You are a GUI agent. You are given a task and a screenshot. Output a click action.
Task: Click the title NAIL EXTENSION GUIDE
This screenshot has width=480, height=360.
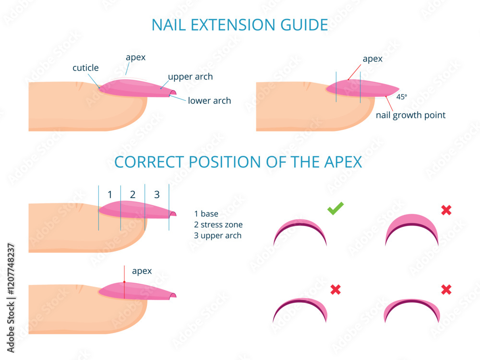tap(240, 24)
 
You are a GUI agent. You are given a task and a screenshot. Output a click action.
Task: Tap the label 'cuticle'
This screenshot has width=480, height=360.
tap(85, 68)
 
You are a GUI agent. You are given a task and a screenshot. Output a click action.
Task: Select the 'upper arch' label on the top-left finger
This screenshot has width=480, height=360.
tap(190, 77)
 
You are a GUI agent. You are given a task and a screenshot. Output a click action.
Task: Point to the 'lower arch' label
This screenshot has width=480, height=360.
tap(209, 101)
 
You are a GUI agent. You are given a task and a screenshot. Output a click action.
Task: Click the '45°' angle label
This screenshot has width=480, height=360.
tap(402, 96)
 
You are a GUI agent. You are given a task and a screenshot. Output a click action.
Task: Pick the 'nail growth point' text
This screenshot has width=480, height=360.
tap(410, 115)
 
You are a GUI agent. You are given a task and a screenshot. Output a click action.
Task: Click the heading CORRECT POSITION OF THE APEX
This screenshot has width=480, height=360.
tap(238, 162)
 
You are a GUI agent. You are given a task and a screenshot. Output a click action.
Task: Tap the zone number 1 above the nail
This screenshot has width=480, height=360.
tap(110, 195)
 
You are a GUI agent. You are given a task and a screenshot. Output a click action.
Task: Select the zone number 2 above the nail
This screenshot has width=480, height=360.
tap(133, 195)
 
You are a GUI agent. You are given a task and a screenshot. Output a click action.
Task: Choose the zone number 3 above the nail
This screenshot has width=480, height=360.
tap(156, 195)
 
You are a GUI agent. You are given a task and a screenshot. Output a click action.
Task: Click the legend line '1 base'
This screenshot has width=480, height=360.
tap(206, 214)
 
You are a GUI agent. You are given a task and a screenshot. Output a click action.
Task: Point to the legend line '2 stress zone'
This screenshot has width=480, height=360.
tap(218, 225)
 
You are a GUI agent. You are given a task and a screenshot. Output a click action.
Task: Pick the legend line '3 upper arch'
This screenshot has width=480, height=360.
tap(218, 236)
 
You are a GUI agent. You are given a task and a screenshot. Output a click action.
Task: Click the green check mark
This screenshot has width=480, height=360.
tap(336, 208)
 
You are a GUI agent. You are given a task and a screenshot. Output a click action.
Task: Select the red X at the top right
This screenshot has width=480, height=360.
tap(446, 210)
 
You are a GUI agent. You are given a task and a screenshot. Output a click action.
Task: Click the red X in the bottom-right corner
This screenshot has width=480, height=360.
tap(446, 289)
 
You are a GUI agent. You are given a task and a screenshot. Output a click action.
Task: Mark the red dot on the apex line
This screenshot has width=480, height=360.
tap(124, 282)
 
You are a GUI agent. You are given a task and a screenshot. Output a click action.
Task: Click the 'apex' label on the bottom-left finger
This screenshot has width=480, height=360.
tap(142, 271)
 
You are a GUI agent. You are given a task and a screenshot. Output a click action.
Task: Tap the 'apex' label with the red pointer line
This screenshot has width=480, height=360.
tap(372, 59)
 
